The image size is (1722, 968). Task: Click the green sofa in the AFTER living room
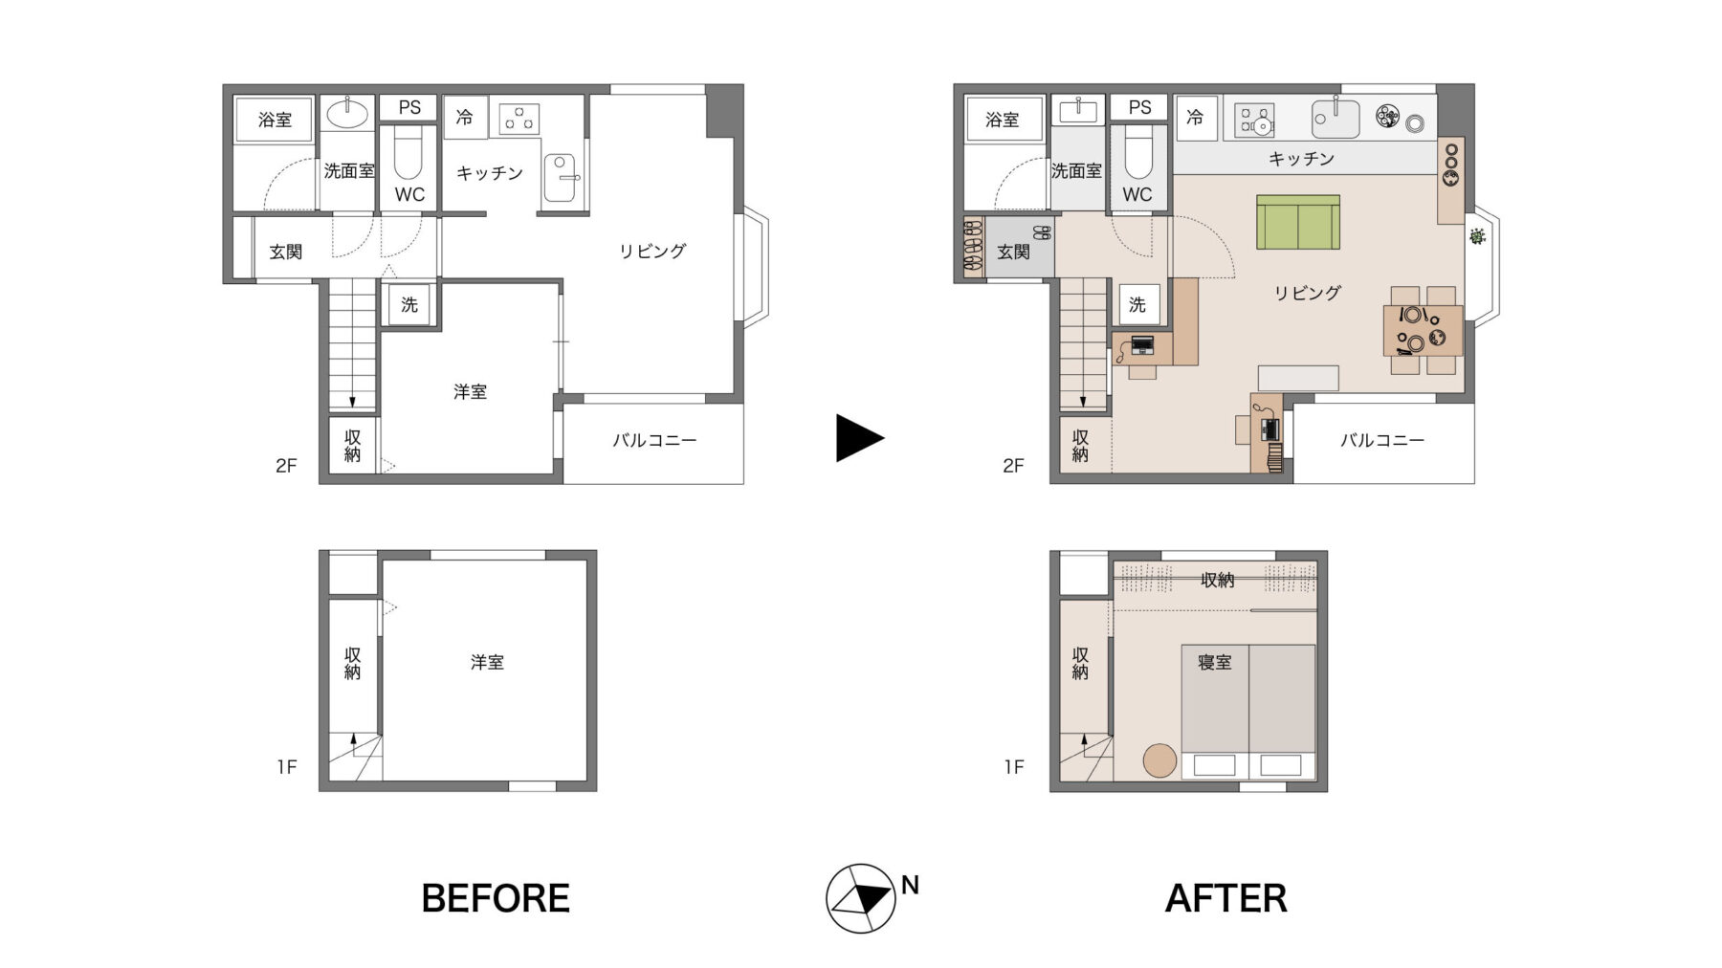pos(1297,222)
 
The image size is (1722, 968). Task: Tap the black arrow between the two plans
pos(859,438)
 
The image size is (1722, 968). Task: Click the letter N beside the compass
pos(910,886)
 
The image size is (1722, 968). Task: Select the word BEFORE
pos(496,898)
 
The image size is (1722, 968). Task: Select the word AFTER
pos(1225,898)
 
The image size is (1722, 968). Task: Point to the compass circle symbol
pos(861,899)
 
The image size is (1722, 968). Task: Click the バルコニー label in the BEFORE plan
pos(654,440)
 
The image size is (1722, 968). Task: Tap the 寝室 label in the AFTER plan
pos(1215,662)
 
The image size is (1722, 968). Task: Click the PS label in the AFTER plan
pos(1139,107)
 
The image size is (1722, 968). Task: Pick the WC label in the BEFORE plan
pos(409,194)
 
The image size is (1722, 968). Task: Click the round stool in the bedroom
pos(1160,760)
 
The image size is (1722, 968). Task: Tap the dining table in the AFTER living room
pos(1424,330)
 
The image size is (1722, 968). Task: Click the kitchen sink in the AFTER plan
pos(1335,119)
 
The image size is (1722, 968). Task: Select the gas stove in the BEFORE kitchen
pos(519,120)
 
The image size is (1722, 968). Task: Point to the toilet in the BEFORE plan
pos(408,156)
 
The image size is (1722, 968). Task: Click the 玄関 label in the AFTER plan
pos(1013,252)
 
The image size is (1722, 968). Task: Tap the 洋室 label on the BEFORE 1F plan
pos(487,662)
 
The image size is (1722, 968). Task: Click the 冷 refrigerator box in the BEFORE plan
pos(465,117)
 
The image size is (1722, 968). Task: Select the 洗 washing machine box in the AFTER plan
pos(1137,304)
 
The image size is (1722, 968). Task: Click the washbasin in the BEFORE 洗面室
pos(347,114)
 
